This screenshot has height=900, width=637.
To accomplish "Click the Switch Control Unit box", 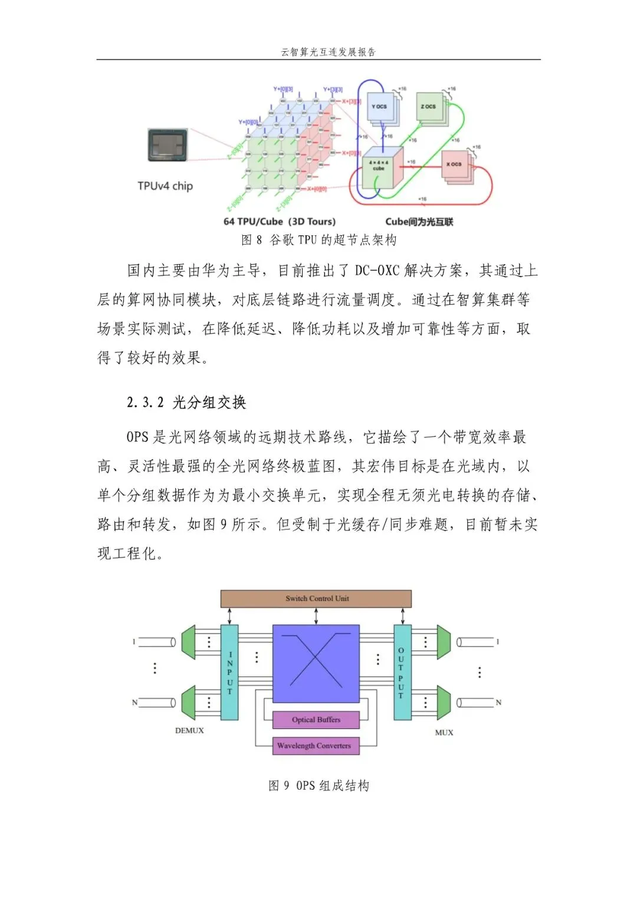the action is point(316,599).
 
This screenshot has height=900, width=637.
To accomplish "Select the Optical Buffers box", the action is point(316,720).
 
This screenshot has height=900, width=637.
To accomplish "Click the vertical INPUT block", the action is point(229,672).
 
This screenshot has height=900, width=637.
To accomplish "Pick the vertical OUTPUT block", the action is point(402,672).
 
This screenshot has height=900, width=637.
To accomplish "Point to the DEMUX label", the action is point(189,731).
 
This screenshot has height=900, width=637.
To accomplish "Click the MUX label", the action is point(444,733).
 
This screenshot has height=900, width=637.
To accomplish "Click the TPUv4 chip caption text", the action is point(165,186).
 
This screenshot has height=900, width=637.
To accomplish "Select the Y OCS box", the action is point(380,107).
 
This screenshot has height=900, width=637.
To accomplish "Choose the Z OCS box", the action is point(429,107).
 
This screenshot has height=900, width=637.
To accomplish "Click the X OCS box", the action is point(454,164).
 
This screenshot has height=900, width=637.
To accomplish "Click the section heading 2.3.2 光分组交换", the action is point(186,403).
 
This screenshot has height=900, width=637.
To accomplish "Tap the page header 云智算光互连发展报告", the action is point(328,52).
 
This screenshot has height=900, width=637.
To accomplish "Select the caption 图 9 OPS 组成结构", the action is point(318,786).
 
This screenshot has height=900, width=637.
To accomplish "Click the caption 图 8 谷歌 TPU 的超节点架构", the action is point(318,240).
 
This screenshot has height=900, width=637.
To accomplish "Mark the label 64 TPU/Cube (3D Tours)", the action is point(280,222).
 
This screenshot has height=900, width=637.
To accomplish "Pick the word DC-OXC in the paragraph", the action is point(377,271).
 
